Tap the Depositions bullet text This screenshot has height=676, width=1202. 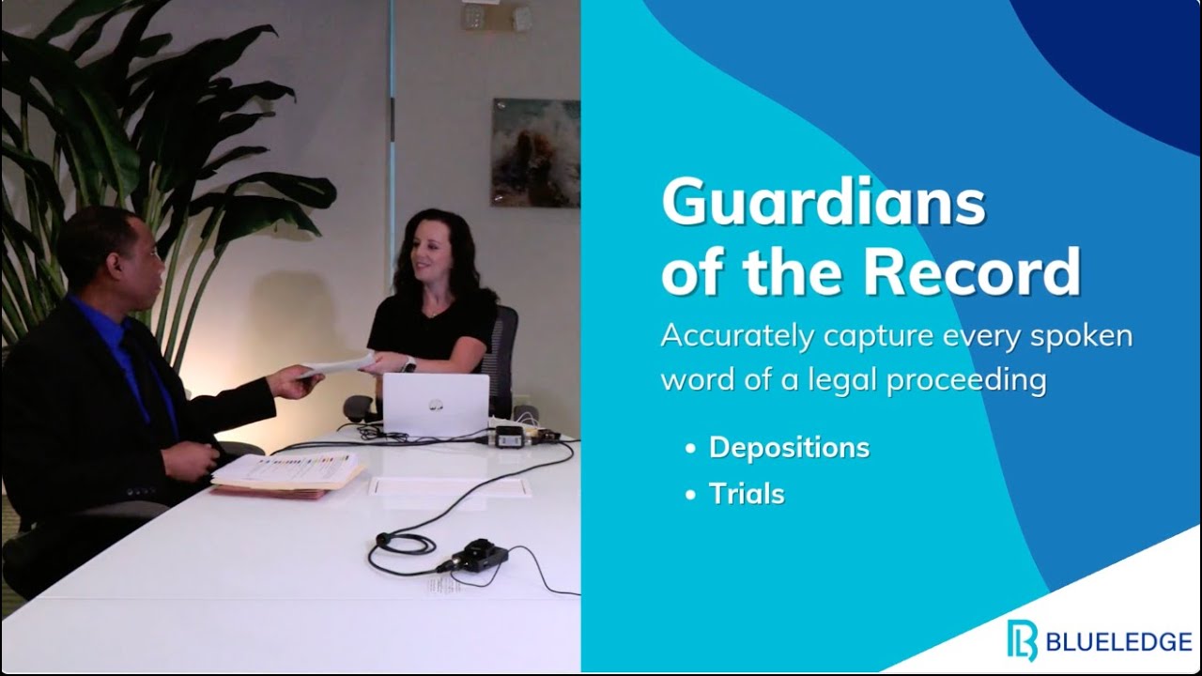pos(789,448)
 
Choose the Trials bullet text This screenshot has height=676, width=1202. pos(747,494)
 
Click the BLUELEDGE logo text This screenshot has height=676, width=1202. pos(1117,643)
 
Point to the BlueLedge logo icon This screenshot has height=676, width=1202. pos(1023,640)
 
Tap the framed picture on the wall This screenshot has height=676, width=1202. pos(535,152)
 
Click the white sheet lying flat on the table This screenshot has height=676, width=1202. pos(450,487)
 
